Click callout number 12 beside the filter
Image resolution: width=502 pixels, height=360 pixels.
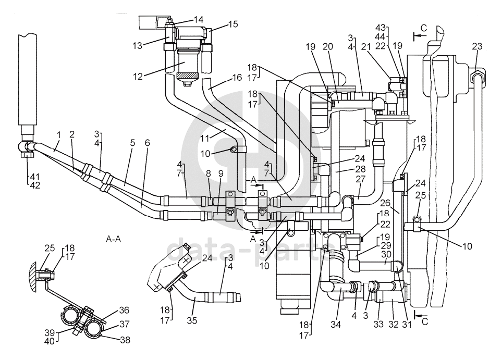coord(138,77)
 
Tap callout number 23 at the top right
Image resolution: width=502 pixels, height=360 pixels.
coord(476,46)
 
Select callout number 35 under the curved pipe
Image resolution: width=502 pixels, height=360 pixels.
coord(192,320)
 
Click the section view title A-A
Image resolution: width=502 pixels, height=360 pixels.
coord(113,239)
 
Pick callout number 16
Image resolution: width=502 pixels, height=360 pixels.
coord(237,78)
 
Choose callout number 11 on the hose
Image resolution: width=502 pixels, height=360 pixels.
coord(204,139)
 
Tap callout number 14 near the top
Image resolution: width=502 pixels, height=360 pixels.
coord(198,19)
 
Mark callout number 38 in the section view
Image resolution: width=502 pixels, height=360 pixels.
coord(125,340)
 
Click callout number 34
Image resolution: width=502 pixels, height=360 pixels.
coord(336,325)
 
